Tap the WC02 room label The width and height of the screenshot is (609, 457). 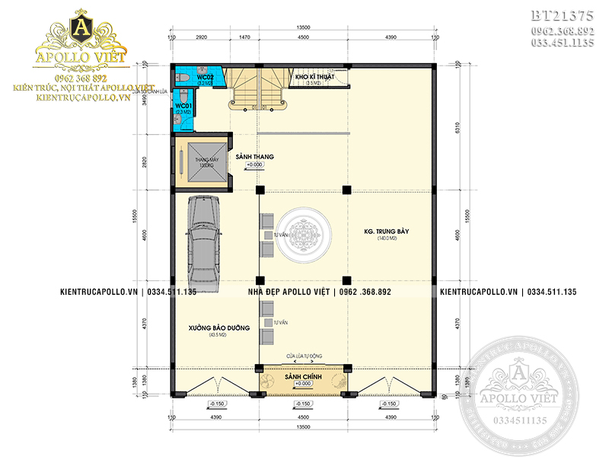click(x=203, y=78)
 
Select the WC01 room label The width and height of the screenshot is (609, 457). click(x=183, y=105)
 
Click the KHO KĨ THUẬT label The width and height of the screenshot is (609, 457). click(x=314, y=77)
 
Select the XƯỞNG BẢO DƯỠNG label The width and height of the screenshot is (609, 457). click(x=220, y=328)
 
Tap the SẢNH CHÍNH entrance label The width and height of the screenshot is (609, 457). click(x=301, y=379)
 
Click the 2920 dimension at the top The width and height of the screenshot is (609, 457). click(x=202, y=37)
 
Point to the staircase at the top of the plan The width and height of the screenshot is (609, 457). click(x=258, y=89)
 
